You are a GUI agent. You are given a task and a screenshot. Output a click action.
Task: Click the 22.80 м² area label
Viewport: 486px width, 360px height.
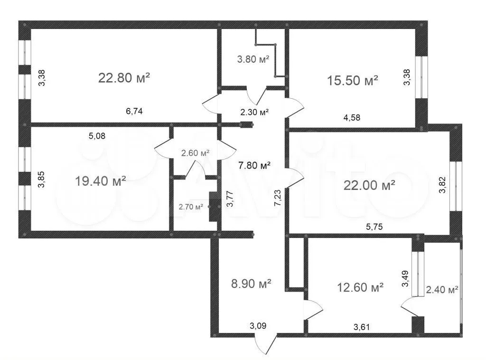(124, 78)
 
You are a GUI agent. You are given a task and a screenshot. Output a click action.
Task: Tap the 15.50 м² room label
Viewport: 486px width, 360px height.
(353, 81)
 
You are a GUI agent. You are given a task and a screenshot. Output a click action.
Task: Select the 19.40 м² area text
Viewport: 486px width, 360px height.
(101, 181)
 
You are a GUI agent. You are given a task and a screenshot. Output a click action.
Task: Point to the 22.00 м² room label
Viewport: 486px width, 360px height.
(369, 185)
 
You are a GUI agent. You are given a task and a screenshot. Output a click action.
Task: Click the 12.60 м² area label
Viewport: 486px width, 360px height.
(360, 287)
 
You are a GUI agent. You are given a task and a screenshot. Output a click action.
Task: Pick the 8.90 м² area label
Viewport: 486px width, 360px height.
(252, 284)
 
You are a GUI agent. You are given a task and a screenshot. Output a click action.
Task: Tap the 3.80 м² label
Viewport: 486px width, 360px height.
(253, 59)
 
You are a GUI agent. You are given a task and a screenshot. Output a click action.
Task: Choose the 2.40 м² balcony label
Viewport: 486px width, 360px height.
(442, 290)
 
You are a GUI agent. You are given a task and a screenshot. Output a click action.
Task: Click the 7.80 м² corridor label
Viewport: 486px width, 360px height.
(254, 165)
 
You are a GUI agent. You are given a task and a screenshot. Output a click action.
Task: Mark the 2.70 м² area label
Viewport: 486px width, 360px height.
(191, 207)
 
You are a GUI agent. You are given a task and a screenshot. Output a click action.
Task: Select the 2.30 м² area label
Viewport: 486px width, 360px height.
(254, 112)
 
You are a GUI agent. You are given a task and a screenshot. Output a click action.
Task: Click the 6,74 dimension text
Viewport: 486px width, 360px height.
(134, 111)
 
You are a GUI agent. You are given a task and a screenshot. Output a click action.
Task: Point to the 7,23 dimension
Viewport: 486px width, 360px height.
(277, 198)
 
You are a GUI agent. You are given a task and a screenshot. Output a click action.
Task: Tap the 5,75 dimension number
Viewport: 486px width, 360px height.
(374, 227)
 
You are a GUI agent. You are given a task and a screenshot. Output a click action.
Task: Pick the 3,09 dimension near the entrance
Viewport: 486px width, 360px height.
(258, 326)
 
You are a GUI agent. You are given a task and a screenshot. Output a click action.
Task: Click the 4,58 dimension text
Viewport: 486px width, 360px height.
(352, 117)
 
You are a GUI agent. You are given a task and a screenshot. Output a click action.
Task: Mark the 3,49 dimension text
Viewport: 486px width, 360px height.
(405, 278)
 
